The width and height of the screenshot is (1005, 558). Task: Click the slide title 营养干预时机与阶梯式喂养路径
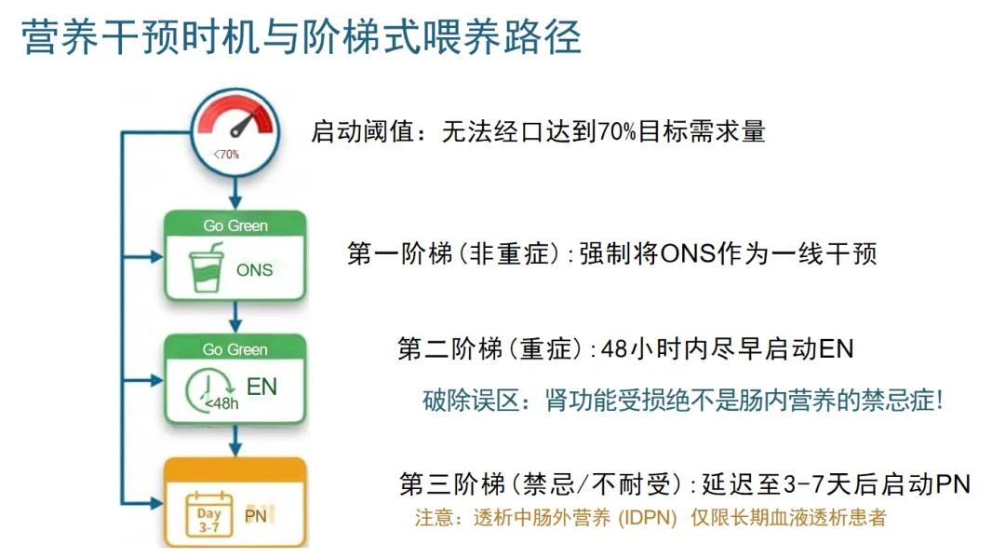(x=301, y=38)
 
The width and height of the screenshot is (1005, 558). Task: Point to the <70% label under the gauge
(x=225, y=154)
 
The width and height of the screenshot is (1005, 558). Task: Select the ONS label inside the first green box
(x=254, y=270)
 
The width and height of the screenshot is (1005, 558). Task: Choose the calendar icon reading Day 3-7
(x=209, y=514)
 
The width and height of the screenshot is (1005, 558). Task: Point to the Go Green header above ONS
(x=235, y=225)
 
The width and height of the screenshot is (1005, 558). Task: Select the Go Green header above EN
(x=235, y=349)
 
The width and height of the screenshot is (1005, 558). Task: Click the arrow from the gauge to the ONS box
(x=235, y=193)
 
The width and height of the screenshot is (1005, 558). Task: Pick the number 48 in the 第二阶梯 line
(x=615, y=350)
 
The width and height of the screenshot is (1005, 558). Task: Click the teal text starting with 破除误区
(x=683, y=401)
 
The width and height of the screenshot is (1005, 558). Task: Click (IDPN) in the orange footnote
(x=649, y=518)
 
